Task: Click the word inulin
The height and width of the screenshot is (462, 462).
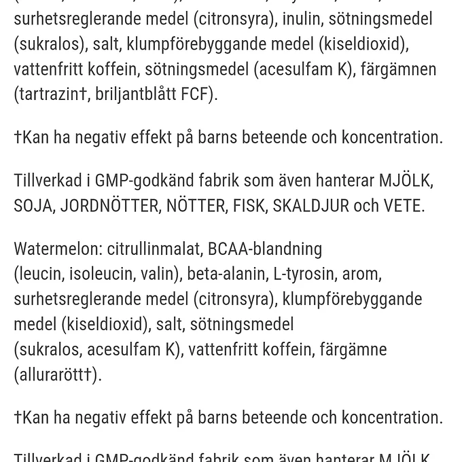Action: (302, 19)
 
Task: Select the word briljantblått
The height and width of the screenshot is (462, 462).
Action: (136, 94)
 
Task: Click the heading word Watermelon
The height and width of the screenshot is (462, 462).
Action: (54, 249)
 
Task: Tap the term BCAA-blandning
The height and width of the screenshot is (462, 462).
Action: (265, 249)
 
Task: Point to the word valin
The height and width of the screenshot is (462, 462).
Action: (158, 274)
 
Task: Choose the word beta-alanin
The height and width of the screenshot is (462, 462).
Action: (226, 274)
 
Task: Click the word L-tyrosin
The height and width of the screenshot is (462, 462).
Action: (304, 274)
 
